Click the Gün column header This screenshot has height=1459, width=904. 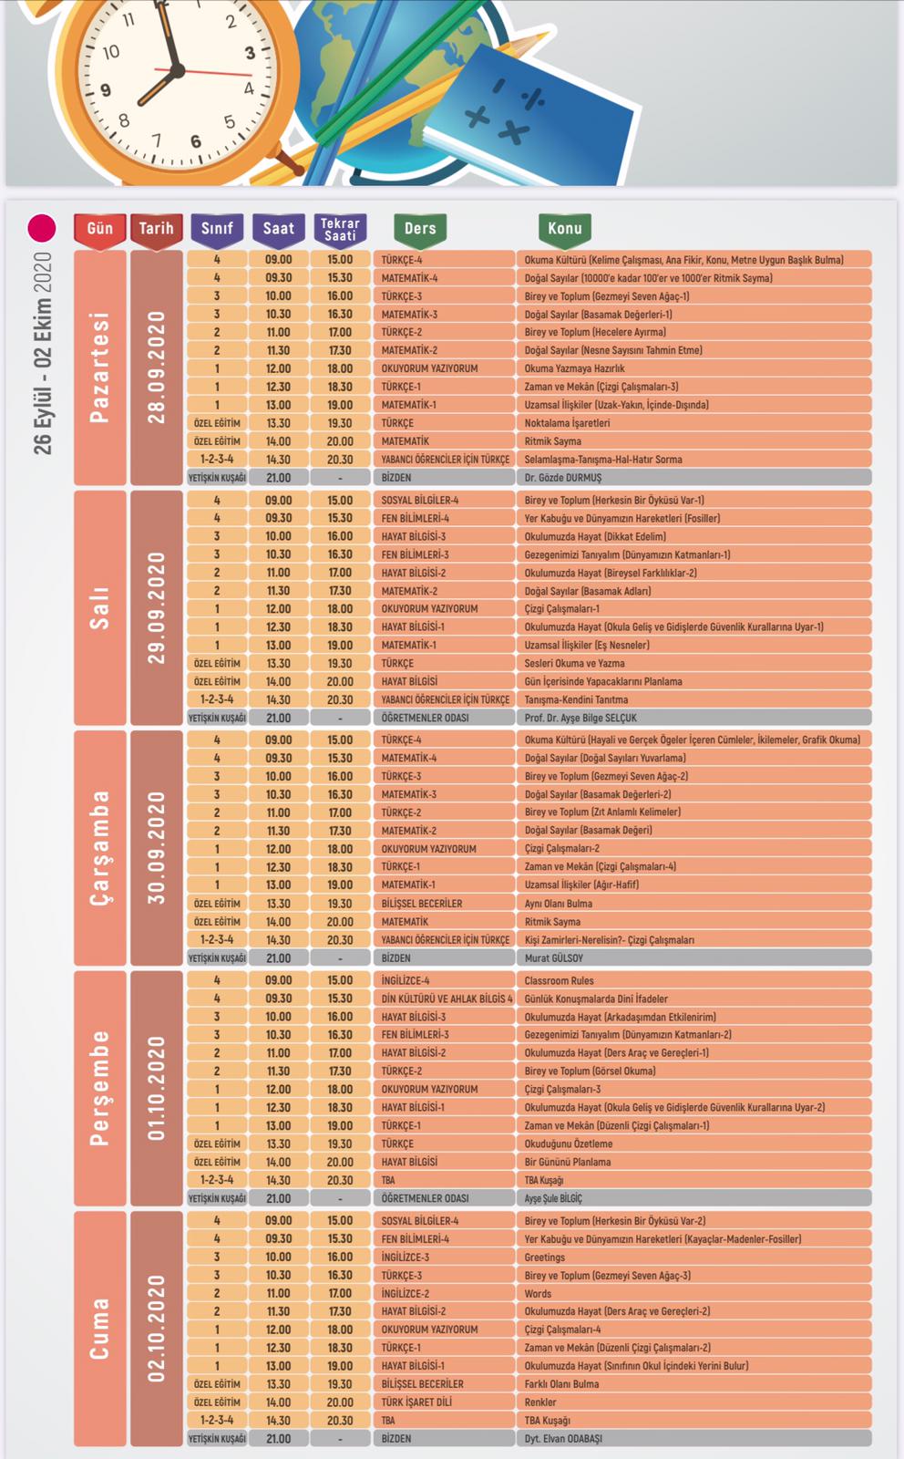click(100, 229)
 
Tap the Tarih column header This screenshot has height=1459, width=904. click(156, 229)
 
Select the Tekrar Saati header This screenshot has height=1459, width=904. click(340, 229)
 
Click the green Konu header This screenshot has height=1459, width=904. click(565, 229)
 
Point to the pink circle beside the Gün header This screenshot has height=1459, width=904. click(42, 228)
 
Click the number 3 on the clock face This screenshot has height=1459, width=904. click(250, 54)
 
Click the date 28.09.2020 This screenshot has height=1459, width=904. click(157, 367)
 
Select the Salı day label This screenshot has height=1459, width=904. click(100, 608)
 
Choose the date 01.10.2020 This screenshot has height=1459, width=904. click(157, 1088)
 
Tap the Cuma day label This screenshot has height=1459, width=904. click(100, 1329)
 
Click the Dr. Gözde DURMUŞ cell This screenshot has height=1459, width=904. click(693, 478)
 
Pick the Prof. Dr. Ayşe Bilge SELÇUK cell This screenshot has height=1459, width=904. click(693, 718)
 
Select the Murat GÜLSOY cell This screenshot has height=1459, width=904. click(693, 958)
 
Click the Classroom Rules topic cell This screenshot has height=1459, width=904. click(693, 980)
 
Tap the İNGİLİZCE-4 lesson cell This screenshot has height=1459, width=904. click(444, 980)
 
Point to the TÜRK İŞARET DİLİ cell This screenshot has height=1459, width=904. click(444, 1402)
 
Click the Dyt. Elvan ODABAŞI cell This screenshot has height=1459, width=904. click(693, 1439)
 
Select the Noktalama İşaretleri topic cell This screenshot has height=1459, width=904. click(693, 423)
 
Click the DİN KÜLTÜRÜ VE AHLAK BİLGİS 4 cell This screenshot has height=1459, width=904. click(444, 999)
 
